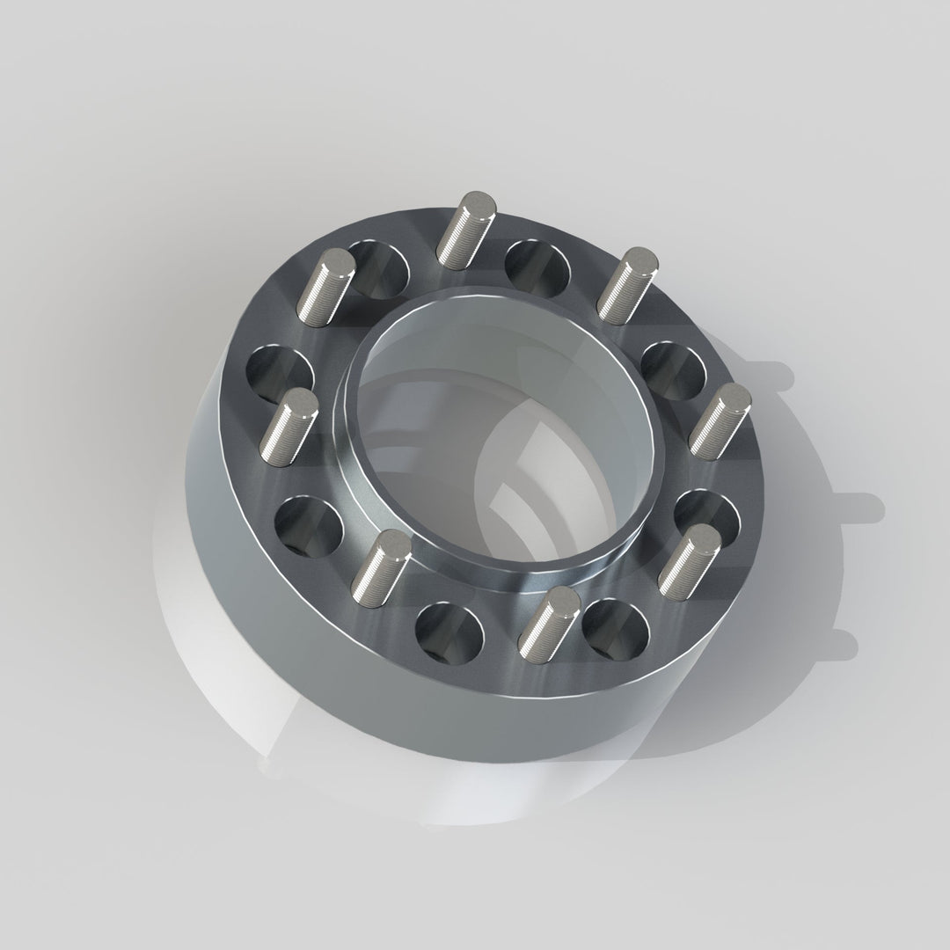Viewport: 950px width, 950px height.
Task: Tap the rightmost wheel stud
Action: click(719, 421)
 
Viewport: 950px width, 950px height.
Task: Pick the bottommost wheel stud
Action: click(547, 622)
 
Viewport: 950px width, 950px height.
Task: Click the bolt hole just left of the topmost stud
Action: click(378, 264)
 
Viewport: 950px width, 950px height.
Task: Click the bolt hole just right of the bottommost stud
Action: click(616, 630)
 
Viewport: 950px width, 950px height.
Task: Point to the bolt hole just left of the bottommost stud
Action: click(449, 633)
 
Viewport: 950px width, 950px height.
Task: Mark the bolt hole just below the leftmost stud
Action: click(308, 528)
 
